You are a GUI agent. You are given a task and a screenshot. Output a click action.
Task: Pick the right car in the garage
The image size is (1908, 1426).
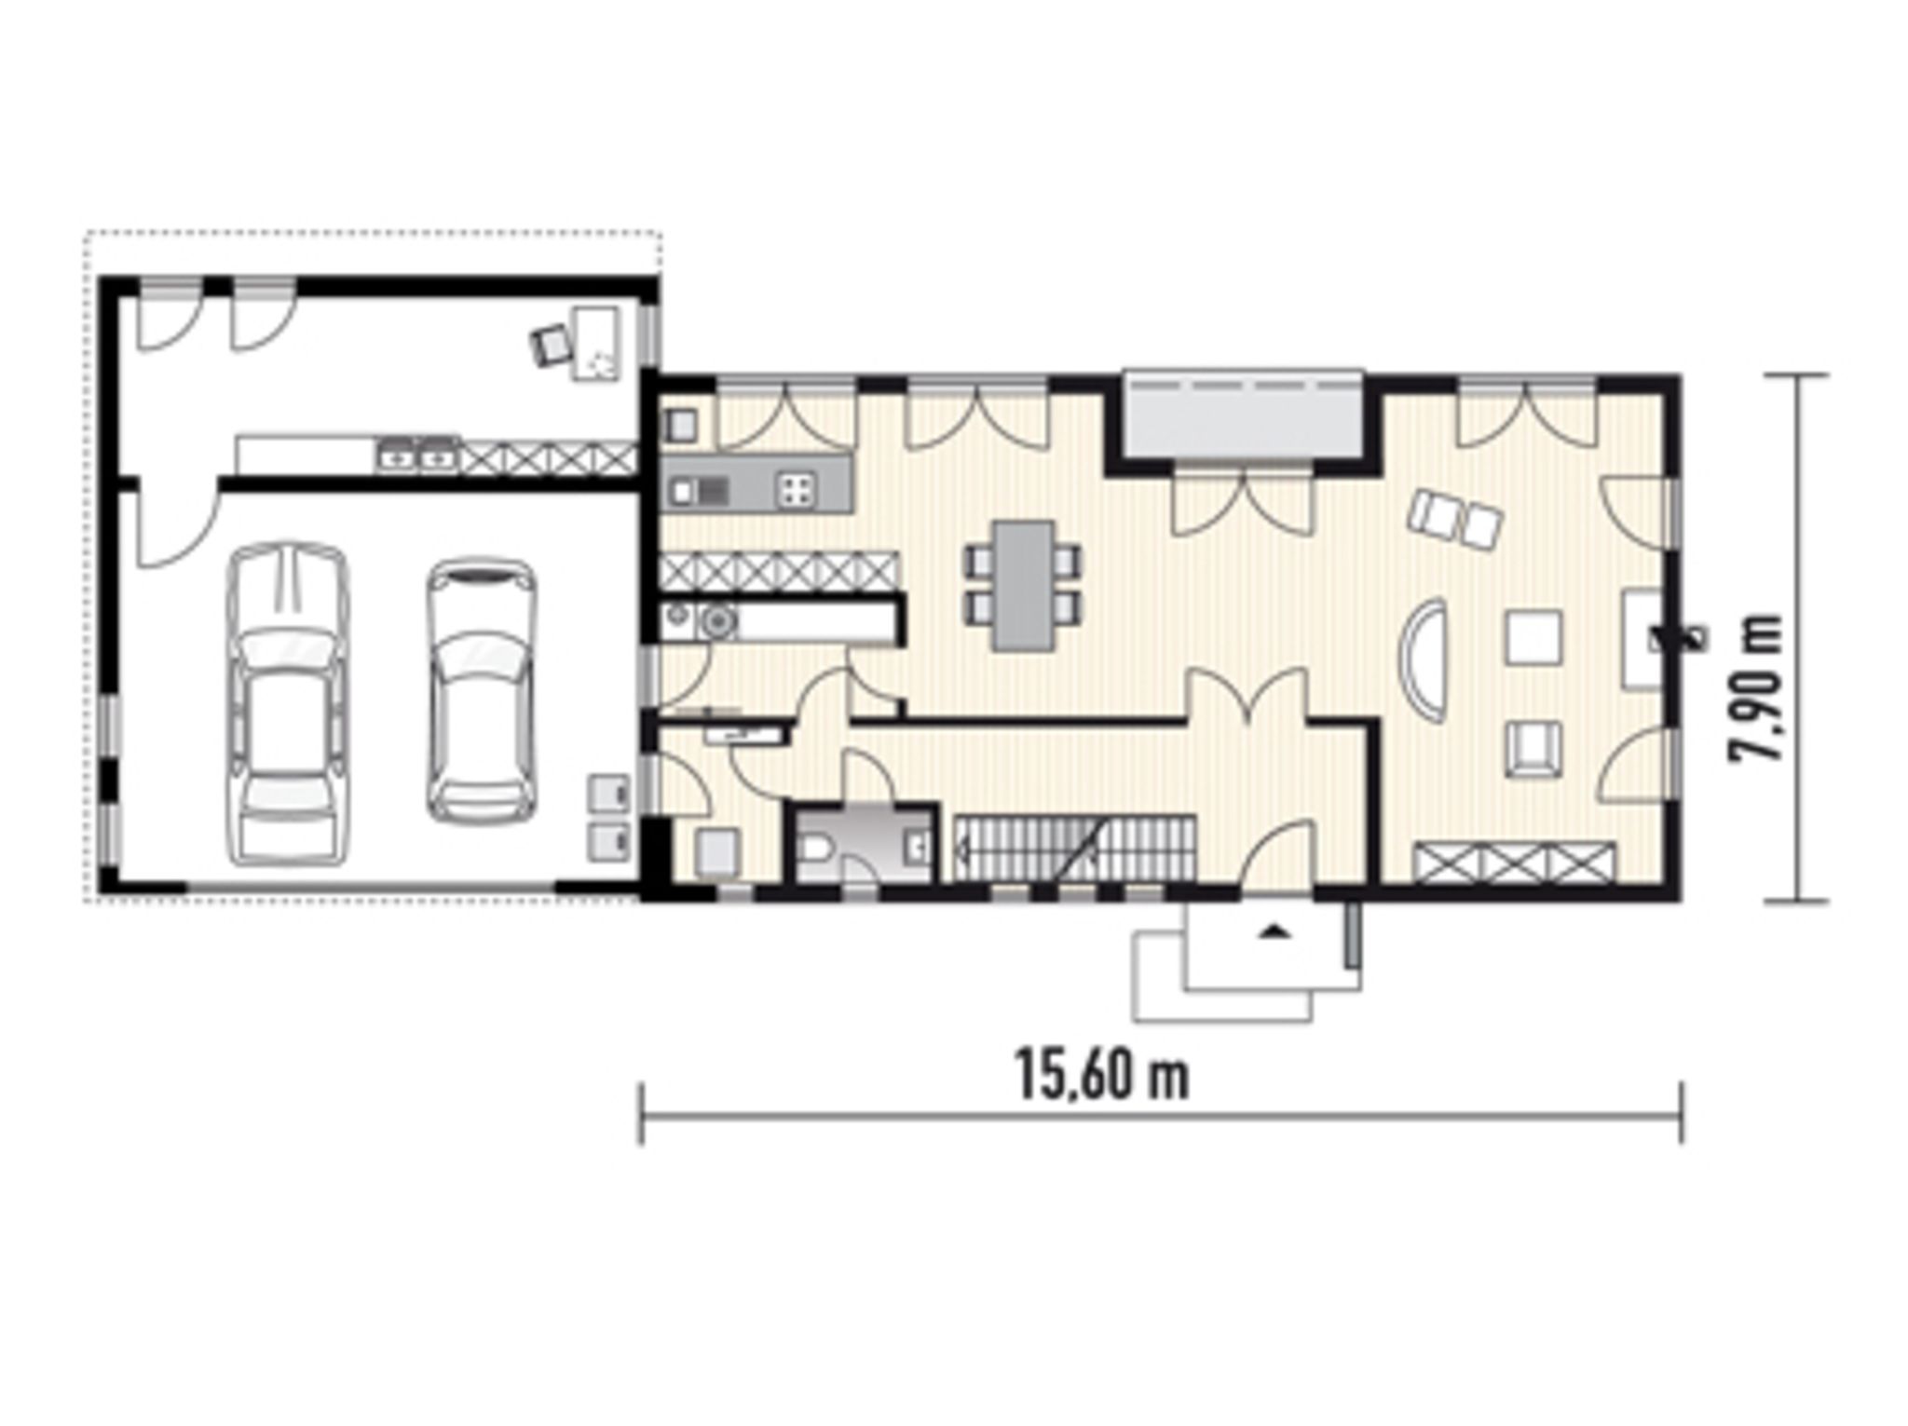[482, 690]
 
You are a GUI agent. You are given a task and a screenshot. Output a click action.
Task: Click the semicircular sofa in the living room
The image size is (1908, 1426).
[1429, 657]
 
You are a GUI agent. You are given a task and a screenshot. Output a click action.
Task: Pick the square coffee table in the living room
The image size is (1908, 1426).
[1534, 637]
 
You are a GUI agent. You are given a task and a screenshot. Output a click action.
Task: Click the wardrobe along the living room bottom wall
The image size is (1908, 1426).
[1515, 861]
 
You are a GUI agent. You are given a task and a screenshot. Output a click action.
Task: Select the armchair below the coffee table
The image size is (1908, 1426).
[1534, 748]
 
